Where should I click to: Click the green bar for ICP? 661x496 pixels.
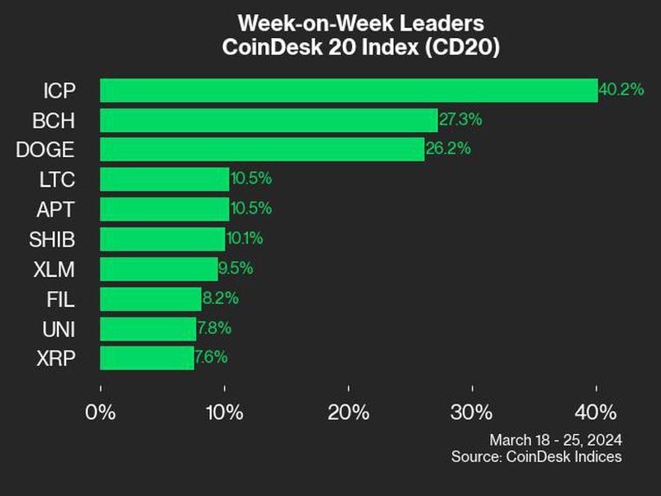pos(349,90)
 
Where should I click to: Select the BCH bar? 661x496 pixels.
pos(269,120)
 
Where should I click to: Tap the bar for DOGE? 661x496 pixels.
pos(262,150)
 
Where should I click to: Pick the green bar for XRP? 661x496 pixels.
pos(147,358)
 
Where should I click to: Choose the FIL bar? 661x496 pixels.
pos(150,298)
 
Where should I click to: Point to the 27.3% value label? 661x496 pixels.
pos(460,120)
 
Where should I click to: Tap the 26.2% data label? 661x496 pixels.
pos(447,150)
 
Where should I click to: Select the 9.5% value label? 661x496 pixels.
pos(235,269)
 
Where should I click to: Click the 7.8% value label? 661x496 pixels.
pos(214,328)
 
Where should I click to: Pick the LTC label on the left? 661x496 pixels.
pos(58,180)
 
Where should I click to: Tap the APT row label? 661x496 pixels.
pos(58,210)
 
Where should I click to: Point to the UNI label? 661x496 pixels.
pos(59,329)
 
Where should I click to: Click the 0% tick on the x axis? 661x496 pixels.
pos(101,412)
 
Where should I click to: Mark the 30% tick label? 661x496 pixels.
pos(472,412)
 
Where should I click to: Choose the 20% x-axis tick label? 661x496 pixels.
pos(348,412)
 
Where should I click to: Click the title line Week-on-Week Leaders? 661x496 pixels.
pos(360,21)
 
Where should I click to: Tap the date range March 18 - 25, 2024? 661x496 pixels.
pos(555,439)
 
